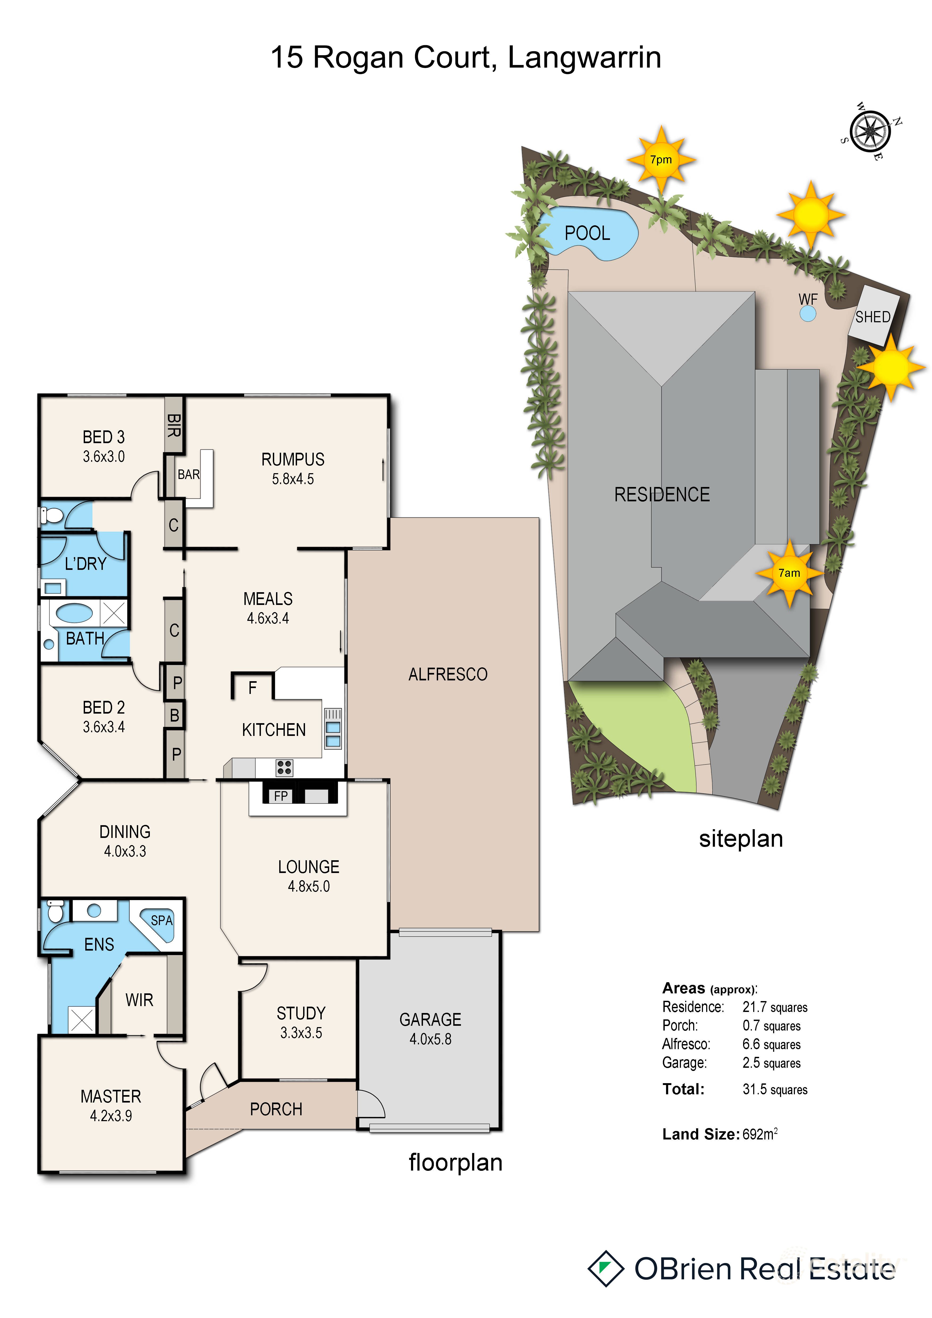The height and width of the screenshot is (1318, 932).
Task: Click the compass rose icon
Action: [870, 132]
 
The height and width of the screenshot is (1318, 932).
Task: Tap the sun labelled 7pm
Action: [661, 160]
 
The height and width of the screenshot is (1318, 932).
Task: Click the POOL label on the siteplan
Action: [587, 233]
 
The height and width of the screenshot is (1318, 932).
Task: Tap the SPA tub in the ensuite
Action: [159, 921]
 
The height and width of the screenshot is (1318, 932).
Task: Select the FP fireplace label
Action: [281, 796]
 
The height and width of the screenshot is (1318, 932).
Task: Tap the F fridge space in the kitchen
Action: [252, 688]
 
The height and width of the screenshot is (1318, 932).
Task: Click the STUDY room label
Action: [301, 1013]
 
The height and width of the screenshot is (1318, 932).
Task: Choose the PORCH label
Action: [276, 1109]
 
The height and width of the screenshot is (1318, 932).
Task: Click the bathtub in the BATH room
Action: [74, 613]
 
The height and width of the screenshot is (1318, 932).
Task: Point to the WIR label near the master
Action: [139, 1000]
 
